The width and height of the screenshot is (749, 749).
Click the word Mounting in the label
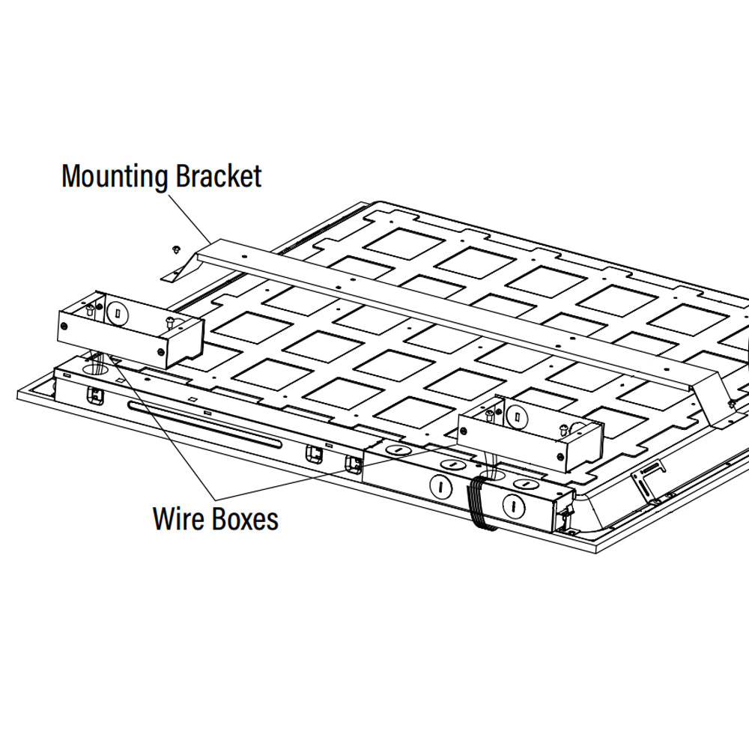tap(115, 177)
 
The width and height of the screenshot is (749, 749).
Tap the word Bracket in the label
tap(219, 177)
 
